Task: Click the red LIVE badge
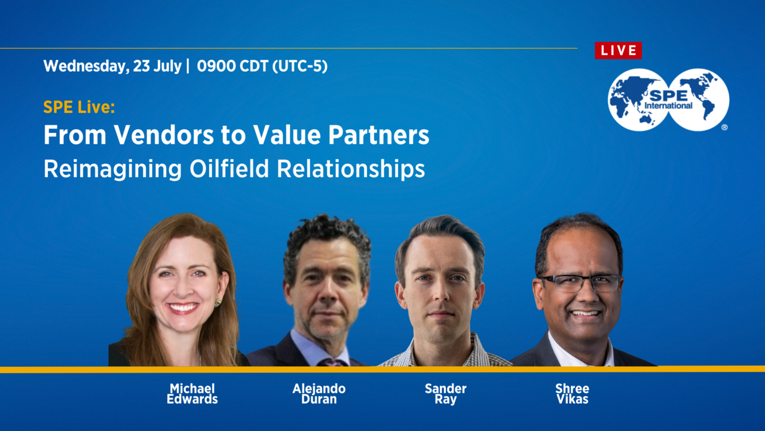(x=618, y=51)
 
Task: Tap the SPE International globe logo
(x=668, y=100)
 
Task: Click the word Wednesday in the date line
(x=87, y=66)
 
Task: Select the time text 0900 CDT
(x=232, y=66)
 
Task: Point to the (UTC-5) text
(x=300, y=66)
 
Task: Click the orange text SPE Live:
(x=79, y=107)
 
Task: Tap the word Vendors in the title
(x=164, y=135)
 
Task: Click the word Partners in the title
(x=378, y=135)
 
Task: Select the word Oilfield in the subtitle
(x=229, y=169)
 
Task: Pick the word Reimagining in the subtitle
(x=112, y=169)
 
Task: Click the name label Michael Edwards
(x=192, y=394)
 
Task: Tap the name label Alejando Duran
(x=319, y=394)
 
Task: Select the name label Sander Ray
(x=445, y=394)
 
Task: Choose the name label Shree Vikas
(x=573, y=394)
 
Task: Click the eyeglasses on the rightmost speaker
(x=580, y=283)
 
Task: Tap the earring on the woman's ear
(x=218, y=302)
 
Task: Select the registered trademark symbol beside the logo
(x=724, y=128)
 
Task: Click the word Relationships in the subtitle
(x=351, y=169)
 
